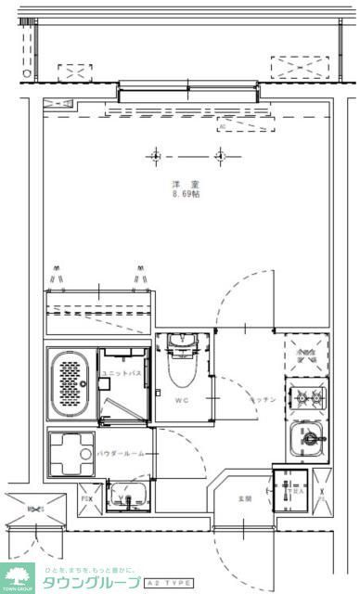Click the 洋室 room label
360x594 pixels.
click(186, 185)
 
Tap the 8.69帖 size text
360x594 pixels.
click(186, 194)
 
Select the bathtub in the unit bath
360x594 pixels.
click(69, 385)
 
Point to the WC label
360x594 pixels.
click(183, 402)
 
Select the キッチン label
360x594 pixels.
click(263, 399)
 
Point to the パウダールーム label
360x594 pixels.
click(118, 455)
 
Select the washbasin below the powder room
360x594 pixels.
click(127, 497)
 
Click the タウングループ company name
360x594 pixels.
click(87, 582)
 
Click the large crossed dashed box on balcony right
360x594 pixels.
click(299, 67)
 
